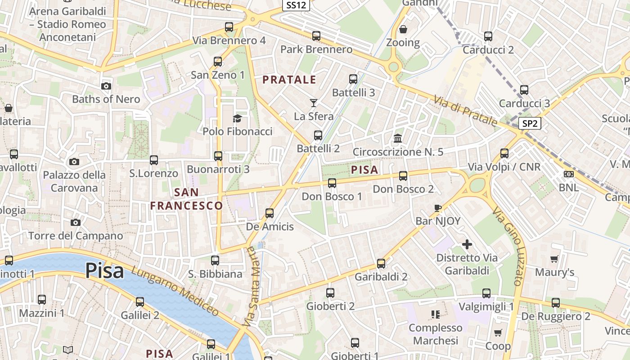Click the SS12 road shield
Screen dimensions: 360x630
pyautogui.click(x=296, y=5)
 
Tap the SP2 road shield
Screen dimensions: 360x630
pyautogui.click(x=529, y=123)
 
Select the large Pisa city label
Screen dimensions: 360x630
pyautogui.click(x=104, y=271)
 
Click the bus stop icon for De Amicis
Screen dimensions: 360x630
pyautogui.click(x=270, y=213)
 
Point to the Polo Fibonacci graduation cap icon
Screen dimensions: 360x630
pyautogui.click(x=237, y=118)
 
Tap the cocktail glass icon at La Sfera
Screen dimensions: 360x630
pyautogui.click(x=314, y=103)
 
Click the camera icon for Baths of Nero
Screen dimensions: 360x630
pyautogui.click(x=106, y=86)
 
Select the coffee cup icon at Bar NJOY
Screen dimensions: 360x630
pyautogui.click(x=438, y=207)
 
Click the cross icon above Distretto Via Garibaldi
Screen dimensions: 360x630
pyautogui.click(x=467, y=244)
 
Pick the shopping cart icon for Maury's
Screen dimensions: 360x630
pyautogui.click(x=554, y=259)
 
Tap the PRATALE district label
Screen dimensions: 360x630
pyautogui.click(x=289, y=80)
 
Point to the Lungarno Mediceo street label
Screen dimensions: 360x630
pyautogui.click(x=175, y=290)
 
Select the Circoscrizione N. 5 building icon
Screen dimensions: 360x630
pyautogui.click(x=398, y=138)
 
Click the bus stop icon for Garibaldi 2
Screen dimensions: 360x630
pyautogui.click(x=381, y=263)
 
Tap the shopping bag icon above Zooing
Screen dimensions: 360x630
pyautogui.click(x=403, y=29)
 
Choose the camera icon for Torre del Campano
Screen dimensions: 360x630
pyautogui.click(x=76, y=222)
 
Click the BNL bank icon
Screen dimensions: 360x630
pyautogui.click(x=569, y=174)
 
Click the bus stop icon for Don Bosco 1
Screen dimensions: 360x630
pyautogui.click(x=332, y=183)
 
